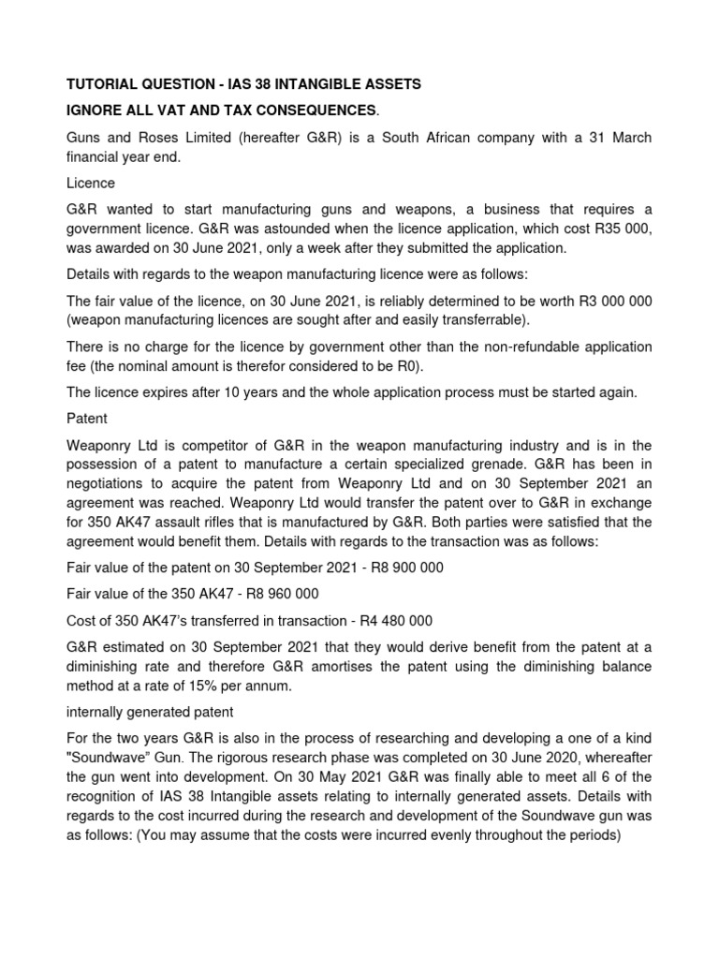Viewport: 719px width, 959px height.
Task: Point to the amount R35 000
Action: tap(616, 229)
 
